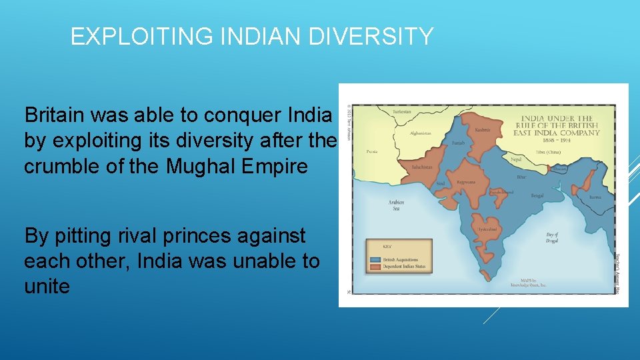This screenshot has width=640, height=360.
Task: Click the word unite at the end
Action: tap(47, 287)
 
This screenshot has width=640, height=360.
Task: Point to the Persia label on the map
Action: tap(371, 151)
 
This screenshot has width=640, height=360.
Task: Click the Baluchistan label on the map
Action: tap(422, 167)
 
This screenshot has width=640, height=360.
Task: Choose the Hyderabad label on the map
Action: tap(486, 229)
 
